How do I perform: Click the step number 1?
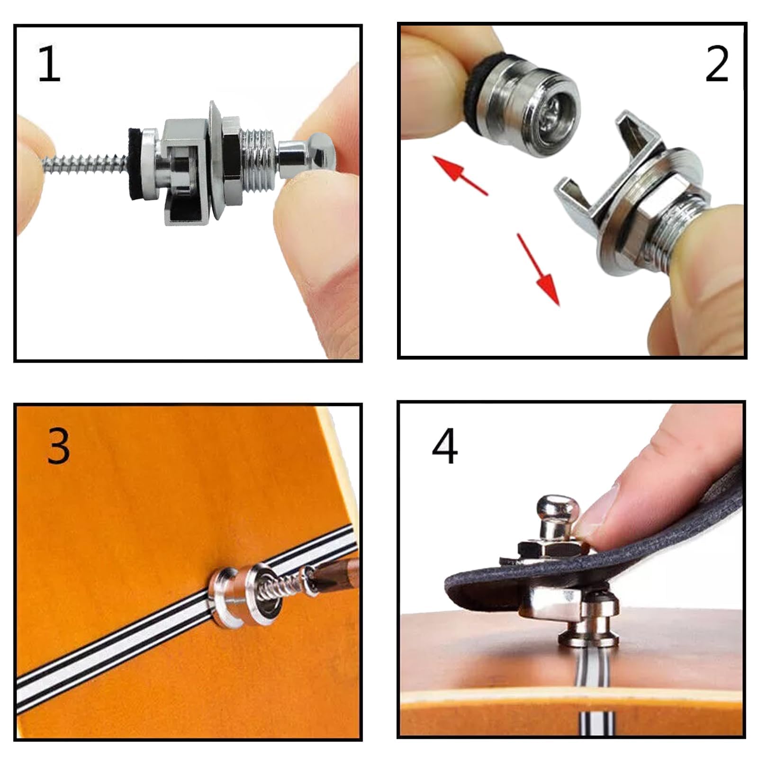[49, 64]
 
